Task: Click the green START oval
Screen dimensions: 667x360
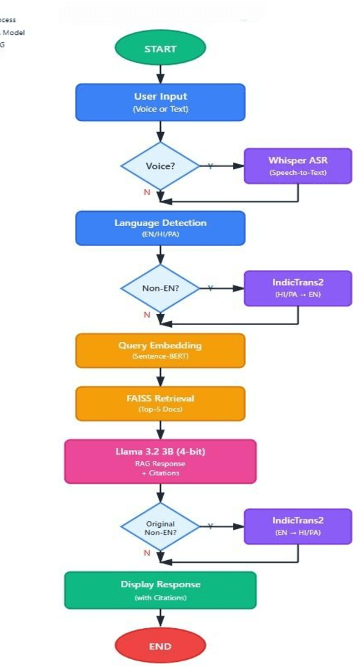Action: [160, 49]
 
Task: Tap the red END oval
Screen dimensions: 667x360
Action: [160, 646]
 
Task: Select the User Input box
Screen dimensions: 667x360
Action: [160, 102]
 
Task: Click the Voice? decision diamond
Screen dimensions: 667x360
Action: [160, 166]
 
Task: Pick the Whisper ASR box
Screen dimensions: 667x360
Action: [298, 166]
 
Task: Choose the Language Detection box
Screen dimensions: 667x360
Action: [160, 228]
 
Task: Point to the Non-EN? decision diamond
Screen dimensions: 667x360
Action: [160, 288]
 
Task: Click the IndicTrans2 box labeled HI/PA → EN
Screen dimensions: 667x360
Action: [298, 288]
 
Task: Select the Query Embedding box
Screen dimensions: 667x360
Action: [160, 350]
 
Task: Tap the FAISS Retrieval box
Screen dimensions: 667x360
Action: [160, 403]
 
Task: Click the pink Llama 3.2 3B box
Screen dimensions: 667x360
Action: [160, 461]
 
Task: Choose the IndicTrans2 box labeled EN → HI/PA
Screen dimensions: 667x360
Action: [298, 525]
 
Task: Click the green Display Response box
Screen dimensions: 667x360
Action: [160, 589]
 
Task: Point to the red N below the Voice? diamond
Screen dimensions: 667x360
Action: [146, 192]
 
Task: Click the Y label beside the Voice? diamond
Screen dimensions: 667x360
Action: [210, 166]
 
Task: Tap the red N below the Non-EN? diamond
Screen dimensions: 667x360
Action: [146, 315]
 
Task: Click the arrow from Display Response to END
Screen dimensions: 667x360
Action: [160, 618]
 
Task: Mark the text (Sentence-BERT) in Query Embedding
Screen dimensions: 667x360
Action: [160, 356]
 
